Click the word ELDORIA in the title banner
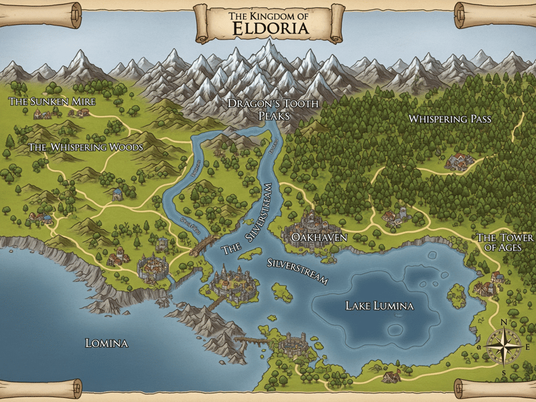coord(271,29)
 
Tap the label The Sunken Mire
coord(52,102)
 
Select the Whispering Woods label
coord(86,147)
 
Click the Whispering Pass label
coord(450,119)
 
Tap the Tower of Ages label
coord(505,243)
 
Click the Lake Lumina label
coord(379,306)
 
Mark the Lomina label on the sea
coord(107,343)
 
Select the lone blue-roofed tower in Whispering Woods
coord(117,194)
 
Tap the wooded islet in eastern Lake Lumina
coord(458,292)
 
